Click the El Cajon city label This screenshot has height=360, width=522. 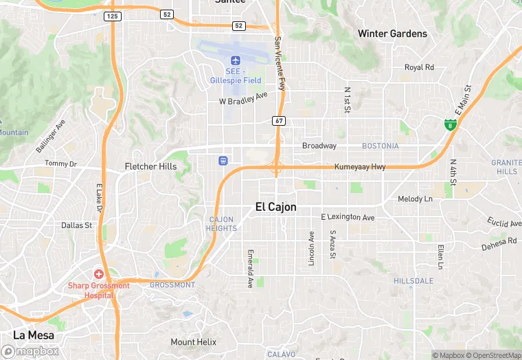point(275,206)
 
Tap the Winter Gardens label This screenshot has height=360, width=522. point(392,34)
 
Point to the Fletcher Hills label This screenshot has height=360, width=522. point(150,166)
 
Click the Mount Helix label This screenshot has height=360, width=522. point(193,342)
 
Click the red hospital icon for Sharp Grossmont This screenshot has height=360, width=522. point(99,273)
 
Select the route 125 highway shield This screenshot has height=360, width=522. point(112,15)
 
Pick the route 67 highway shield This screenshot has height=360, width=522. point(278,121)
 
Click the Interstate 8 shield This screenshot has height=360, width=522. point(450,124)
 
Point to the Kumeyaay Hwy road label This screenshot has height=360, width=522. point(360,167)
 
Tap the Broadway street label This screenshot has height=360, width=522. point(319,146)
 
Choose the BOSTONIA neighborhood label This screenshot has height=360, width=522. point(381,146)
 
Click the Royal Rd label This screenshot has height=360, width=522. point(419,67)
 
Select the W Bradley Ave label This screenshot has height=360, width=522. point(243,98)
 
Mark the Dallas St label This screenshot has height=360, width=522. point(76,225)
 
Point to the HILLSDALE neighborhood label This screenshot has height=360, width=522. point(413,281)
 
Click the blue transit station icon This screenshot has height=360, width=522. point(223,161)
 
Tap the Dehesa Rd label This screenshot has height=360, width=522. point(499,244)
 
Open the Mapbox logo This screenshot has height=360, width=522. point(30,351)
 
